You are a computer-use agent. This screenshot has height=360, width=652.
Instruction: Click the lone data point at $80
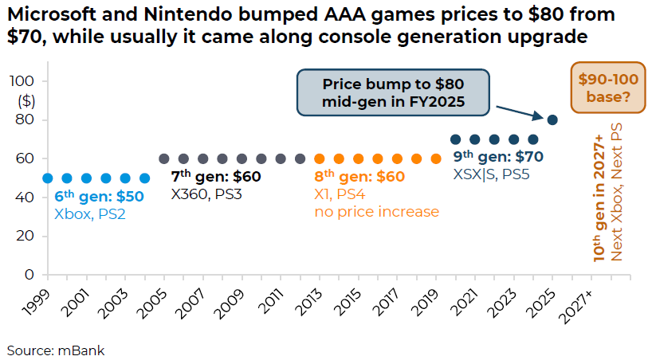[x=552, y=119]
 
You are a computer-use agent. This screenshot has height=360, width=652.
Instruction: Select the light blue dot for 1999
[x=47, y=178]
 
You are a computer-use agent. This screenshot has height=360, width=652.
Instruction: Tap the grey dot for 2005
[x=164, y=158]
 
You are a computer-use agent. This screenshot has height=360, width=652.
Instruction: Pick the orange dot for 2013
[x=320, y=158]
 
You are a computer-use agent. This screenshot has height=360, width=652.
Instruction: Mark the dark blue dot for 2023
[x=513, y=139]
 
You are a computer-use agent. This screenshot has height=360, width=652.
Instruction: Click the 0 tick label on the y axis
[x=29, y=275]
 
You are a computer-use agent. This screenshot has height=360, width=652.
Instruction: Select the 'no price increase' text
[x=376, y=212]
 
